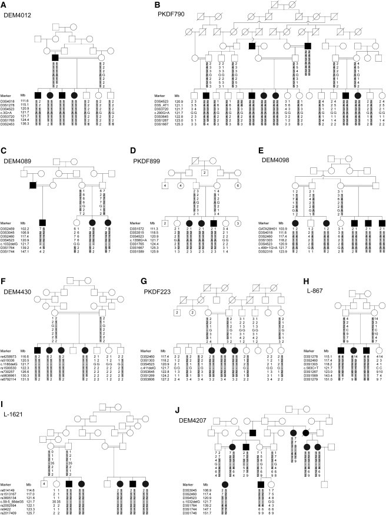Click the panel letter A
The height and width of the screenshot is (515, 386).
[x=5, y=5]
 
